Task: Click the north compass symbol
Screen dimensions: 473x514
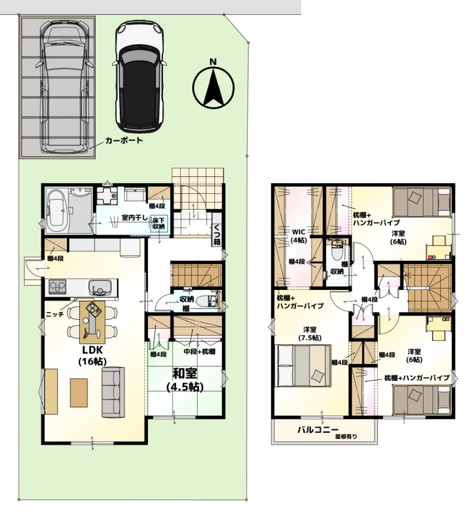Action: [x=213, y=85]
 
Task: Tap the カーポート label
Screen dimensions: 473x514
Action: [x=124, y=140]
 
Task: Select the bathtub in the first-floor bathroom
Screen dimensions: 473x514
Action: [x=58, y=210]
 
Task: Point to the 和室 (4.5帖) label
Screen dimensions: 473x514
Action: [x=185, y=380]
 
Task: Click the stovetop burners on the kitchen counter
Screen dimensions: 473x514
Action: [x=58, y=287]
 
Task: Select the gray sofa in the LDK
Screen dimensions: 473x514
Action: [x=113, y=392]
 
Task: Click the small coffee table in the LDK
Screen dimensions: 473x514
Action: [x=79, y=393]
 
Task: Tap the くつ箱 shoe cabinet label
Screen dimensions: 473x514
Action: [x=216, y=234]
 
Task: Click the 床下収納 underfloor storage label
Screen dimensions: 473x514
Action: [x=158, y=223]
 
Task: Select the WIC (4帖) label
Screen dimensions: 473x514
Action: [x=299, y=236]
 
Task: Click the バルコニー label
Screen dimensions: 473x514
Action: [x=318, y=429]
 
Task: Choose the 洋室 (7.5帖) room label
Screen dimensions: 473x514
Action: [x=310, y=334]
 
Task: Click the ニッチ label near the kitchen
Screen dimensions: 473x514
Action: [x=54, y=314]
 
